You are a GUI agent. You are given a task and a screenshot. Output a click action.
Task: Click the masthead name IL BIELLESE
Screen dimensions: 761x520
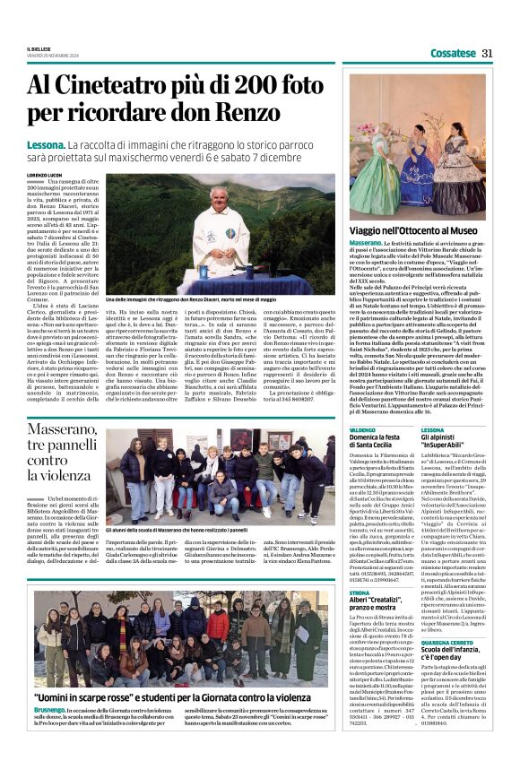39,48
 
